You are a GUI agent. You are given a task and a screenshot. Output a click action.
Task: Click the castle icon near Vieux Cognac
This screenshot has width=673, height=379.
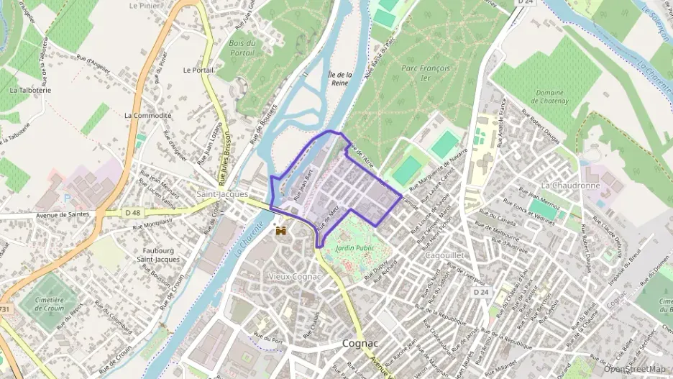(x=282, y=232)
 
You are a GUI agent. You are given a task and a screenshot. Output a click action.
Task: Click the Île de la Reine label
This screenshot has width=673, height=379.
(x=340, y=78)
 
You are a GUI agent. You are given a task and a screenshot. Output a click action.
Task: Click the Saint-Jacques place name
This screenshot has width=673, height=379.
(x=222, y=194)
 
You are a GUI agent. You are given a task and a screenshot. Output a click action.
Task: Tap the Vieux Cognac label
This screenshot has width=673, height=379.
(x=293, y=276)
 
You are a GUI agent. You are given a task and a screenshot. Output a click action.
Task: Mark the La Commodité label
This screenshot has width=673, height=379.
(x=148, y=115)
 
